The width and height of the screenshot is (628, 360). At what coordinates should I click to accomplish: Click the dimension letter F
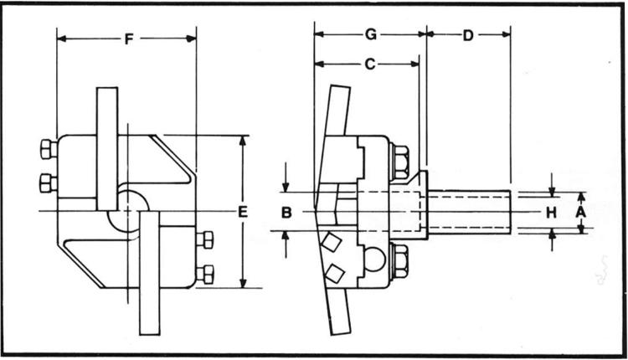click(127, 39)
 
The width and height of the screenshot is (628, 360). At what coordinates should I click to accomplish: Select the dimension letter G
click(370, 34)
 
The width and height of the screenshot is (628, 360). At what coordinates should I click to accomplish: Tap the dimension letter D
click(468, 34)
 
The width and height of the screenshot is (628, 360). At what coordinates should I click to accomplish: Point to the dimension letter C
click(370, 64)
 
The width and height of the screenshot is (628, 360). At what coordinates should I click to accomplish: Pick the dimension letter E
click(242, 213)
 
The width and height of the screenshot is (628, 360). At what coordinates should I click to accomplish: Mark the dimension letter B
click(286, 213)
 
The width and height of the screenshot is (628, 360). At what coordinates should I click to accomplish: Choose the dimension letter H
click(551, 213)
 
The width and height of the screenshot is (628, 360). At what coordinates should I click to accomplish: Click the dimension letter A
click(579, 213)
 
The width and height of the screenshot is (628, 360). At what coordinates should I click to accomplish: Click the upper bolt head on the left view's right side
click(203, 240)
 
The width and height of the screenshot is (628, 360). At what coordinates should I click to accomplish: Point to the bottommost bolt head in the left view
click(203, 273)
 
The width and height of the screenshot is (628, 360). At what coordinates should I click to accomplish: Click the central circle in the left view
click(129, 208)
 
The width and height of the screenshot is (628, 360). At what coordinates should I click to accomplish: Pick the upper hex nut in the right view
click(399, 161)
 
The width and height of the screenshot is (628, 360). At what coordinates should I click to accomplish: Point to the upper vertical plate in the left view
click(107, 147)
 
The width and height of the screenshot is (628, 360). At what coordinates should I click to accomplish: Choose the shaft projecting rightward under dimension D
click(469, 212)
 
